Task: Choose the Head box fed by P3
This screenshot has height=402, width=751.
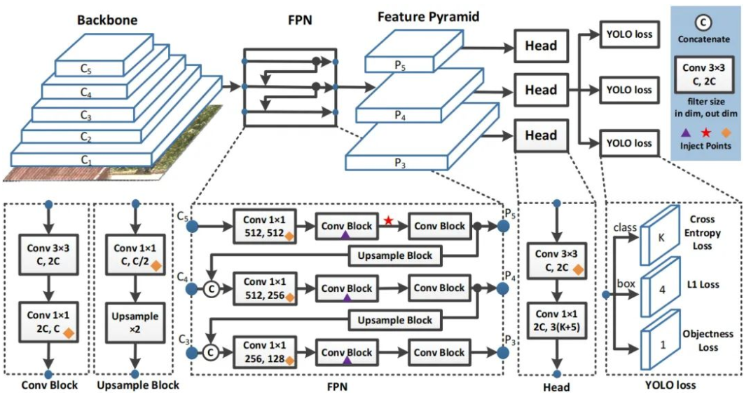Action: pos(542,135)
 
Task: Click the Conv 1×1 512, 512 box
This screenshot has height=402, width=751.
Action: pos(266,226)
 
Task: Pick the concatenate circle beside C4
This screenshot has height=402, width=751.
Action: pos(208,288)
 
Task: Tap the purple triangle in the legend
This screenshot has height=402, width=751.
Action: pos(686,131)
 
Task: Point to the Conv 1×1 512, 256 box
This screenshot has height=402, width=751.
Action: pos(266,288)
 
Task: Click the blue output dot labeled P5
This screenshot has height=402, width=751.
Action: pos(502,226)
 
